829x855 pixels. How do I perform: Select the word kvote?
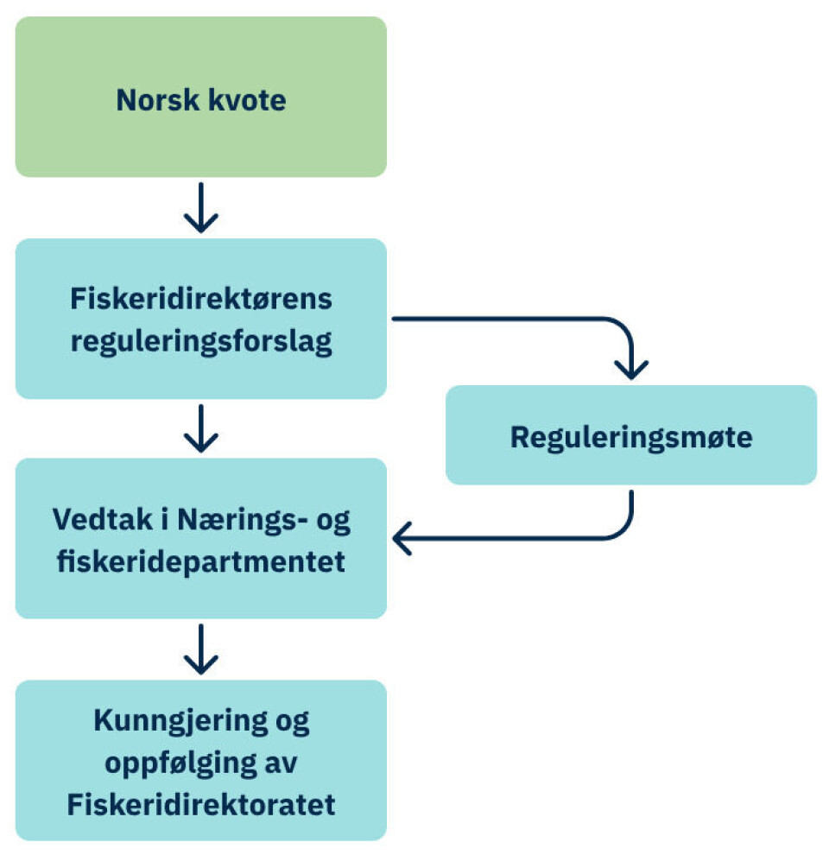tap(247, 101)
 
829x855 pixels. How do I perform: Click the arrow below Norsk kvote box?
tap(200, 208)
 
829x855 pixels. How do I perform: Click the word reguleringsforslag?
tap(200, 342)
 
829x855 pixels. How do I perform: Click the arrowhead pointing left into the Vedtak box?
tap(402, 540)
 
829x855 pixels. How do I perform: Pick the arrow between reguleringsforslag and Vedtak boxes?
tap(200, 428)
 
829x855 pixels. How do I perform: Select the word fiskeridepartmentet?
tap(200, 562)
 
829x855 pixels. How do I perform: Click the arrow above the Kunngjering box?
tap(200, 649)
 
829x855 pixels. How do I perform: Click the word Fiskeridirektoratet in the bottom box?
tap(200, 805)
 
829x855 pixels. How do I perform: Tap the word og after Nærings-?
tap(331, 522)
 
